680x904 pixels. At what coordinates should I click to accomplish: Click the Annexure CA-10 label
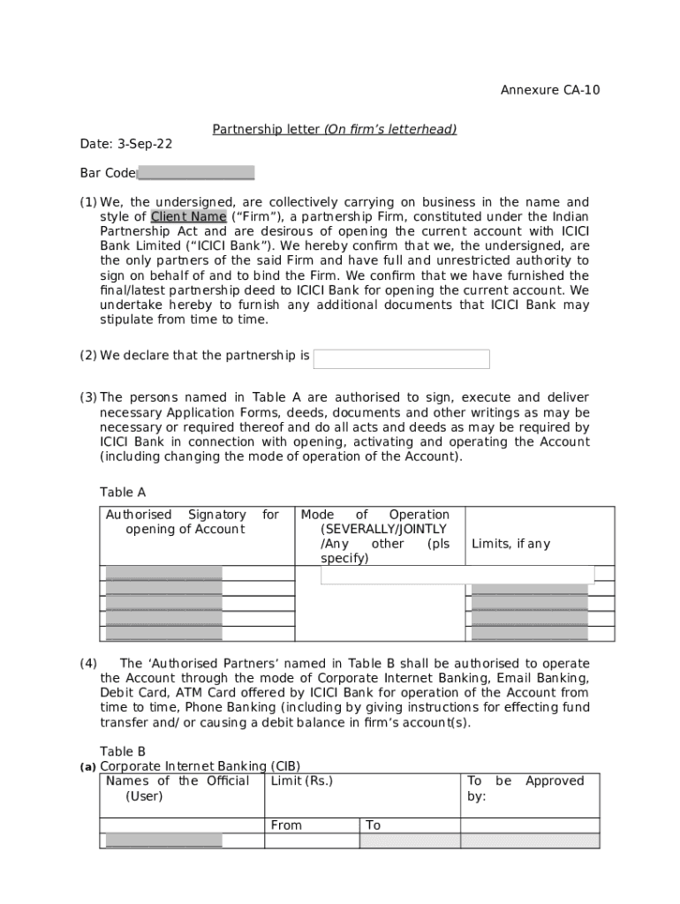click(550, 90)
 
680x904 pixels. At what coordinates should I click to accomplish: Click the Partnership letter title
click(334, 130)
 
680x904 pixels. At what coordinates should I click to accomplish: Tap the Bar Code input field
click(196, 173)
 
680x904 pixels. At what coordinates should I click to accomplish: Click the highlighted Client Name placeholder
click(188, 217)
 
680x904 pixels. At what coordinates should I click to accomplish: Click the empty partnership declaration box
click(401, 358)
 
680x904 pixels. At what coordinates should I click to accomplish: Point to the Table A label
click(123, 493)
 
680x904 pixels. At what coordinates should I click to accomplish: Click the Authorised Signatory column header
click(192, 522)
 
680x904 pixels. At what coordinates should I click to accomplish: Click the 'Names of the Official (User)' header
click(178, 788)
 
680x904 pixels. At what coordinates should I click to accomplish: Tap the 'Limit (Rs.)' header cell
click(302, 781)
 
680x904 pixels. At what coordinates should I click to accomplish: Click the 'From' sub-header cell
click(286, 825)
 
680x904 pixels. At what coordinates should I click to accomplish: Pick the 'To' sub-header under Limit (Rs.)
click(374, 825)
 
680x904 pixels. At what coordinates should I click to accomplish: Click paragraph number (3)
click(88, 398)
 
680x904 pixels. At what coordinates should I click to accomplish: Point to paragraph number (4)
click(88, 663)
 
